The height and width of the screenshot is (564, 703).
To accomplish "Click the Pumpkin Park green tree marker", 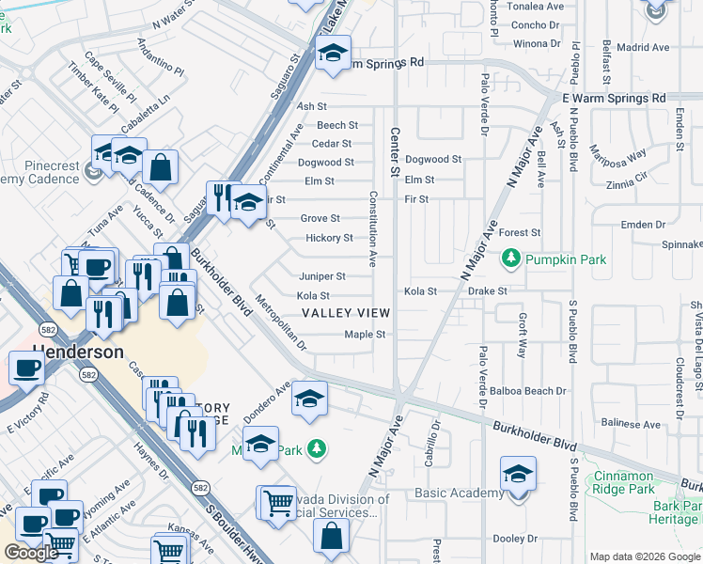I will [511, 257].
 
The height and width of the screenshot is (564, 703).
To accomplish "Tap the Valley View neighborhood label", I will [346, 313].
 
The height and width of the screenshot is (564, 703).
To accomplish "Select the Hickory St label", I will [329, 238].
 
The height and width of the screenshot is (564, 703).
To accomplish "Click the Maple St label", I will [366, 334].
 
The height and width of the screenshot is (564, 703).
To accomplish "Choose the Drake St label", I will [487, 291].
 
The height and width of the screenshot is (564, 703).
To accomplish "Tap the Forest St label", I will [520, 232].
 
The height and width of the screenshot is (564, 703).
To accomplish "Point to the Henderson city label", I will [79, 352].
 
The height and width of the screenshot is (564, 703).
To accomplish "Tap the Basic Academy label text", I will [458, 493].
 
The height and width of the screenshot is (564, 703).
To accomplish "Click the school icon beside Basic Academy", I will [518, 475].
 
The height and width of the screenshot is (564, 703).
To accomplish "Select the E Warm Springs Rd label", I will [614, 98].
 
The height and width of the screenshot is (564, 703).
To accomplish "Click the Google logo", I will [31, 553].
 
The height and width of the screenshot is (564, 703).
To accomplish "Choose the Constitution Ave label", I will [373, 227].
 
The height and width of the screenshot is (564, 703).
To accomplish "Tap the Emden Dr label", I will [643, 225].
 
